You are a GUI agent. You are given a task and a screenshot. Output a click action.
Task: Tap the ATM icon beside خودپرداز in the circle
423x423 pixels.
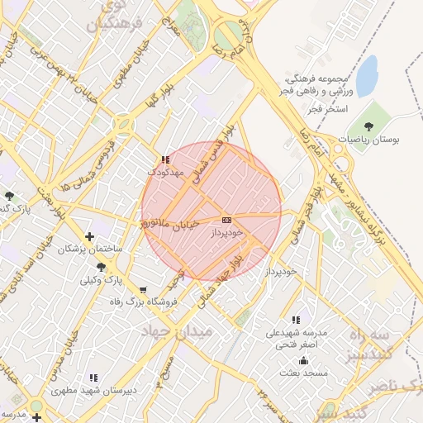[227, 220]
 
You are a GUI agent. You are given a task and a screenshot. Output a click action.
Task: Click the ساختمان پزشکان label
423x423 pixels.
[89, 249]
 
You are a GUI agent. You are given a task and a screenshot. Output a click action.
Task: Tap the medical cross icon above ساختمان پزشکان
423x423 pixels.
[89, 236]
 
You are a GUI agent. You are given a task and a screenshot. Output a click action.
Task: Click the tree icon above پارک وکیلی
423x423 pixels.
[102, 266]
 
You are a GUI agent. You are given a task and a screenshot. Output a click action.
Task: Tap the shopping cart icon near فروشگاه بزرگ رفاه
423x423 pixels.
[144, 290]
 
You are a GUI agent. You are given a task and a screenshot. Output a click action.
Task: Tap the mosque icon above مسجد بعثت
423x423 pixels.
[303, 360]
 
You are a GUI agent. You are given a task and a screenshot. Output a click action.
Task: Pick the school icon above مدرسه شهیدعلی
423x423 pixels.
[296, 320]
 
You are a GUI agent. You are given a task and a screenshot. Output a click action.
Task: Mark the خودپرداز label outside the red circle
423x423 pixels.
[281, 271]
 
